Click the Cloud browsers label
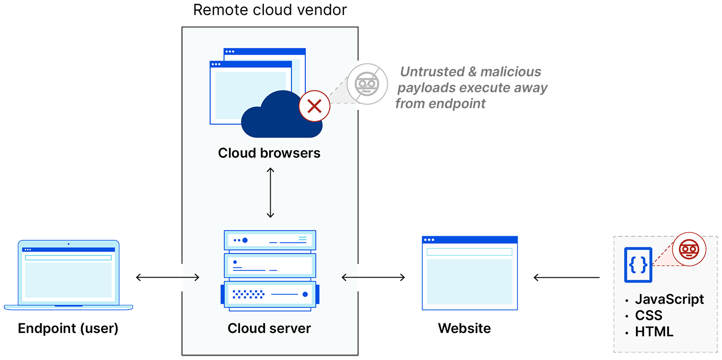269,153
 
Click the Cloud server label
269,328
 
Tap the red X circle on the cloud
314,106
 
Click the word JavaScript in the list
669,299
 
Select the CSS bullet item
649,315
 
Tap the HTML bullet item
654,332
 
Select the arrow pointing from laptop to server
188,277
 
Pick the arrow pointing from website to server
352,277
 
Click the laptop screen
69,275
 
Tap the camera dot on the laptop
68,244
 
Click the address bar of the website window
469,252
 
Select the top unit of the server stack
270,240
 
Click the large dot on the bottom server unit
305,294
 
